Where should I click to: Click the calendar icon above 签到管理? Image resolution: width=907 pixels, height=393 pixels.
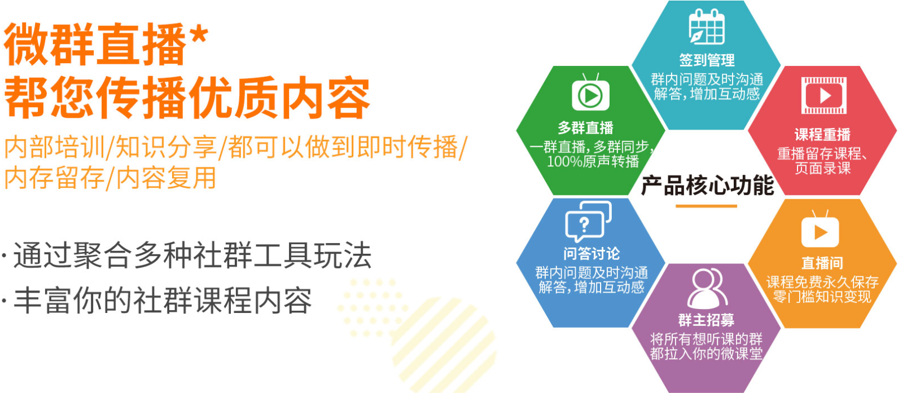click(x=707, y=27)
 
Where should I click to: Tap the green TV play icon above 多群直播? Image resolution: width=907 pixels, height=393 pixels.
click(x=590, y=92)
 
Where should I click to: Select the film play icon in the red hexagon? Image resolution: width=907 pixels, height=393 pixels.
click(x=823, y=96)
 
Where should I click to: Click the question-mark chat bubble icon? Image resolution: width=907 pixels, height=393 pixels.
click(x=588, y=221)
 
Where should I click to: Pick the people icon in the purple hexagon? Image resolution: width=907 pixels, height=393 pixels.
click(x=707, y=288)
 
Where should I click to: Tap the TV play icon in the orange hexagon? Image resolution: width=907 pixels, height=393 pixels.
click(x=820, y=229)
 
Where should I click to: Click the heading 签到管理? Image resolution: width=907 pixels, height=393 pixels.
click(x=707, y=60)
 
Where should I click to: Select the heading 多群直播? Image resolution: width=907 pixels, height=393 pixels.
click(x=585, y=128)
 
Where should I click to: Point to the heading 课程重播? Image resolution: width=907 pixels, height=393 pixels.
click(x=822, y=134)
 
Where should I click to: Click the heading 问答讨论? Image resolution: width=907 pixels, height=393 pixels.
click(x=591, y=254)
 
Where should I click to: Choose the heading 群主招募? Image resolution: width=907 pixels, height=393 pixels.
click(x=707, y=320)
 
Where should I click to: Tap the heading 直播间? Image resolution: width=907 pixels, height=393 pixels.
click(x=822, y=263)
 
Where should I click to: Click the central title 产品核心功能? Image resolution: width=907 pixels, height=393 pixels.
click(x=708, y=186)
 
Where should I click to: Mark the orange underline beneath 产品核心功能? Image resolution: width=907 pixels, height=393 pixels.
click(x=706, y=206)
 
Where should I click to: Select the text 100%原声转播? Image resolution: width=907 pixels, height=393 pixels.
click(x=593, y=162)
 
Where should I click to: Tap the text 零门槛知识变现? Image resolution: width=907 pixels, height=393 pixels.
click(x=822, y=297)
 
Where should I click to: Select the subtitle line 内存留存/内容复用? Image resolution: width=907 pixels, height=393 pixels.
click(x=110, y=178)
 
